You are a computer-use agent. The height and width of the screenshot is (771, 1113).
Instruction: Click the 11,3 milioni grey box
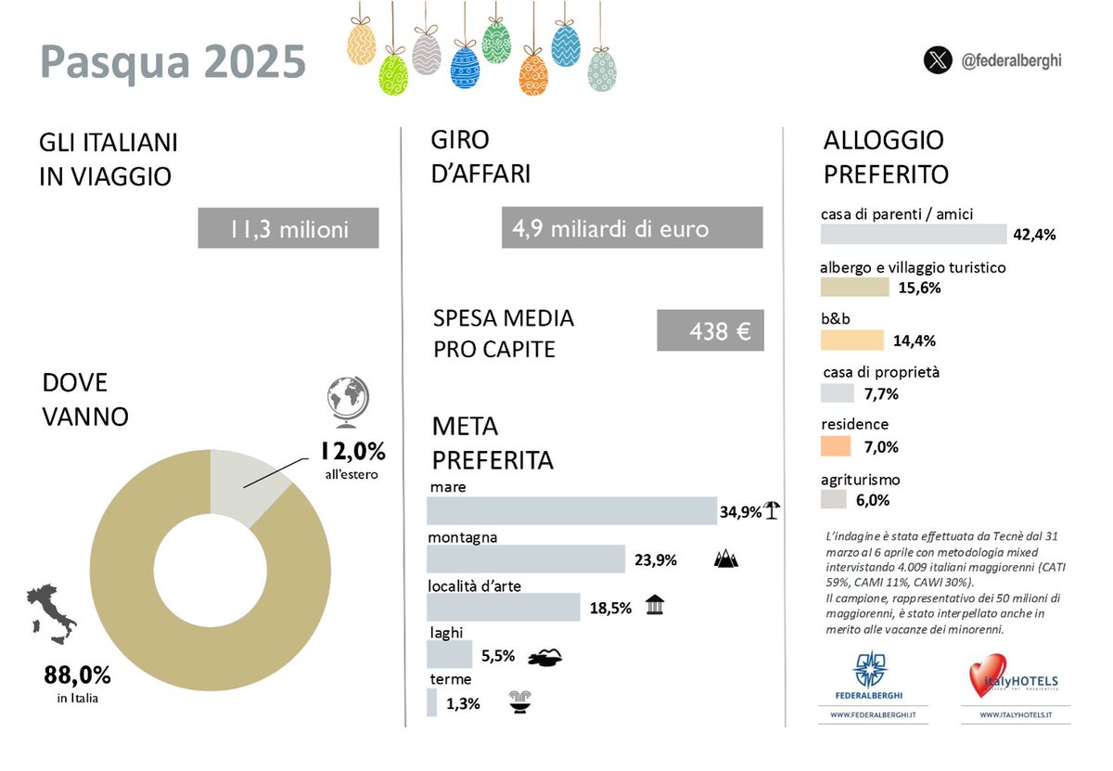click(x=288, y=228)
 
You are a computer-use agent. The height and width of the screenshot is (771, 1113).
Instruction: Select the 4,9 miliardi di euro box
click(x=632, y=228)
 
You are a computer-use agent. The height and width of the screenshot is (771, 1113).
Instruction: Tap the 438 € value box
click(x=710, y=330)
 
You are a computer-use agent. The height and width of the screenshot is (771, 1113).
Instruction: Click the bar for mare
click(x=570, y=511)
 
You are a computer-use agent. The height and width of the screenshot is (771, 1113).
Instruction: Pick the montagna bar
click(x=525, y=559)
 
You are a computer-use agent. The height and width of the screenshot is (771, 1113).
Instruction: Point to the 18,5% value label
click(x=610, y=609)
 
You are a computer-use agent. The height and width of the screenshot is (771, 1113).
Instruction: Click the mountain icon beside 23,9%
click(x=726, y=559)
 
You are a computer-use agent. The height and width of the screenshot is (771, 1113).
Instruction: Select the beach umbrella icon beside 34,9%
click(x=772, y=509)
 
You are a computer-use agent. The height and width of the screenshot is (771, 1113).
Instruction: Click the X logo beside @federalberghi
click(x=938, y=61)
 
